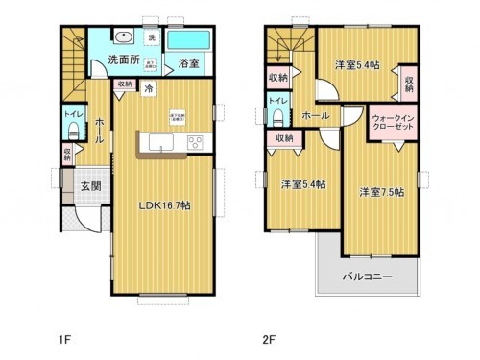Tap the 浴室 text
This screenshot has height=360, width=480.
point(189,64)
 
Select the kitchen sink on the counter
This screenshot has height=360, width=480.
point(159,144)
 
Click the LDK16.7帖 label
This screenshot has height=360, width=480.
point(162,205)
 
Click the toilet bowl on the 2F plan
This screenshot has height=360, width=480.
point(277,117)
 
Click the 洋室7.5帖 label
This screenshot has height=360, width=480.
point(381,192)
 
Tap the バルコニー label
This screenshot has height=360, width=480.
point(368,277)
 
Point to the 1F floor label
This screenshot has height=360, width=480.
point(63,338)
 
